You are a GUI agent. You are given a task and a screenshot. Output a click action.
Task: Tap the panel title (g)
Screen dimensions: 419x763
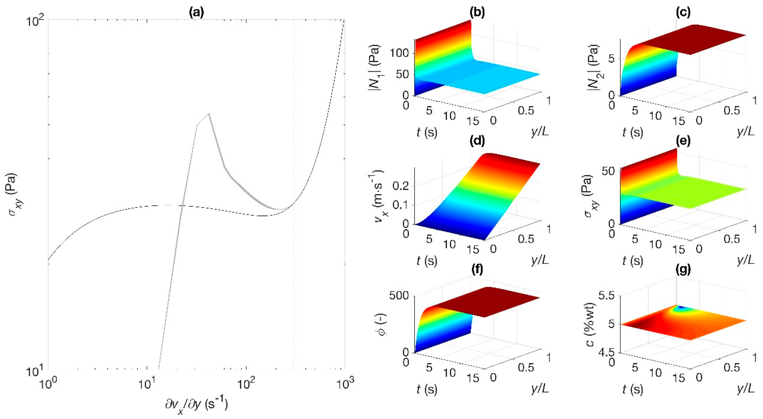click(683, 269)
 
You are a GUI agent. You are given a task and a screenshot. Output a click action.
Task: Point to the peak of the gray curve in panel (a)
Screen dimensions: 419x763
click(209, 113)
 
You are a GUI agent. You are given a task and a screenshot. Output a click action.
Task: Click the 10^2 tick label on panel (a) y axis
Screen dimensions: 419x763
click(35, 21)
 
